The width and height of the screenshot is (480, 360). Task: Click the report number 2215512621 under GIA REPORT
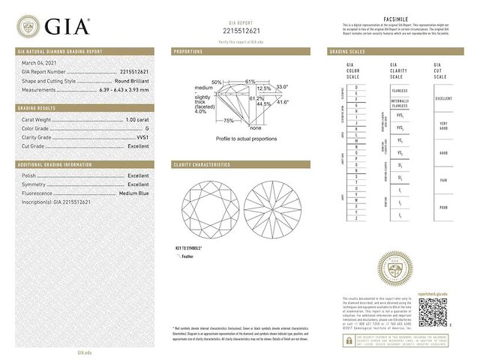(x=241, y=31)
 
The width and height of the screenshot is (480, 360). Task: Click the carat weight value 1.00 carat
(x=136, y=119)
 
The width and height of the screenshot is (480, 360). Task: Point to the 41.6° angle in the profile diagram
(x=283, y=102)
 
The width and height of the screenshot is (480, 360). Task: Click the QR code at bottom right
(x=433, y=312)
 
